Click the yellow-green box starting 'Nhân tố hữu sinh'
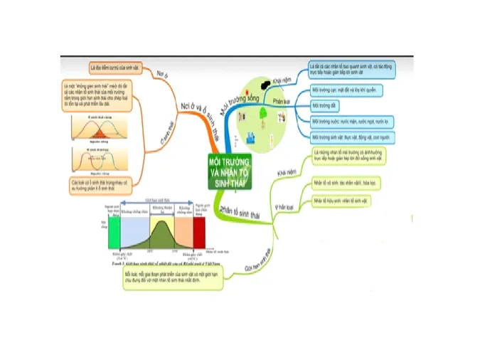pyautogui.click(x=341, y=201)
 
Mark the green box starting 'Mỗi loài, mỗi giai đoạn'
pyautogui.click(x=174, y=277)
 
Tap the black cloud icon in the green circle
pyautogui.click(x=265, y=85)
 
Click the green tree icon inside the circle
pyautogui.click(x=262, y=113)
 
